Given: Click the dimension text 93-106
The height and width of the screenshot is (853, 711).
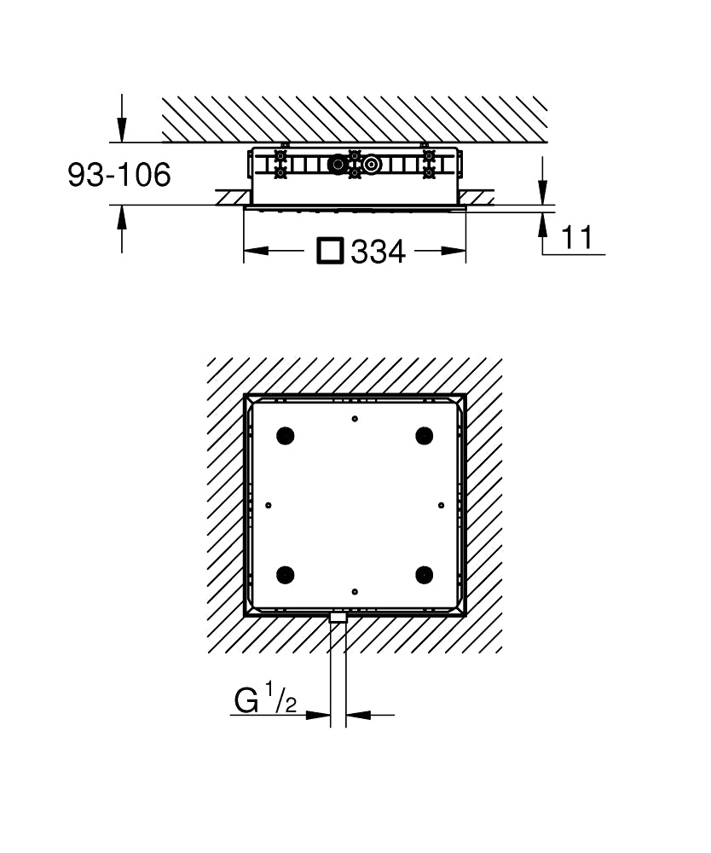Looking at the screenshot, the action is pos(119,175).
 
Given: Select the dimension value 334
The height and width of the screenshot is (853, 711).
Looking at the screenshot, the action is pos(379,252).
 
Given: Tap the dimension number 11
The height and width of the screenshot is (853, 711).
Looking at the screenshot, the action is pos(576,238).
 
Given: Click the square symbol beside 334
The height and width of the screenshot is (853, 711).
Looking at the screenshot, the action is pos(330,251).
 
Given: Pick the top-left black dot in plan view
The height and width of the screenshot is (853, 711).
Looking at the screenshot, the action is pos(286,435).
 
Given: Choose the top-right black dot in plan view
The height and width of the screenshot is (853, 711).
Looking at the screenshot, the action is pos(424,435).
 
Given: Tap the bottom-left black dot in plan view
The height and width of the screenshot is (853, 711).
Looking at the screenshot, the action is pos(286,574).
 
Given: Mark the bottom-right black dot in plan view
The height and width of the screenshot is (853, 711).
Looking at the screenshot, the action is pos(424,574).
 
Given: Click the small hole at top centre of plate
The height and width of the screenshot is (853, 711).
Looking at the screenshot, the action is pos(355,418).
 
